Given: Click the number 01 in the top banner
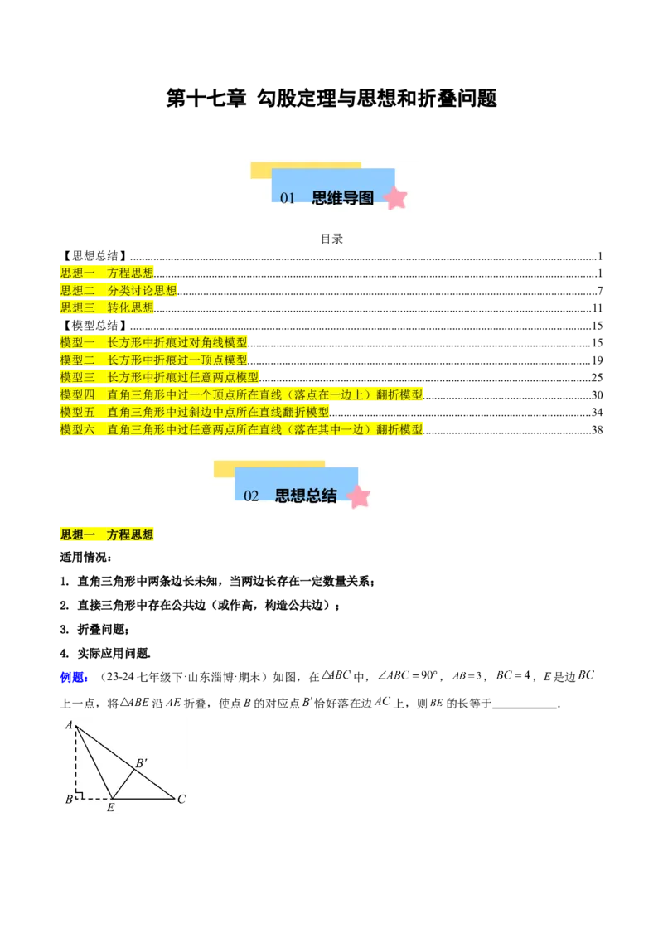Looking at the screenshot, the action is [x=288, y=198].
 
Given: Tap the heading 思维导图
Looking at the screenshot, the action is [x=342, y=198].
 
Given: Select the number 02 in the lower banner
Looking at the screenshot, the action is [x=252, y=496].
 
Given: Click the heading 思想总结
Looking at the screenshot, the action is [x=306, y=496].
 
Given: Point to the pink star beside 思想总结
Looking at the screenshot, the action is [x=358, y=496].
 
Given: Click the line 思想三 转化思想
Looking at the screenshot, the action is [x=108, y=307].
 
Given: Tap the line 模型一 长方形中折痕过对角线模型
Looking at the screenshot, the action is [x=154, y=342].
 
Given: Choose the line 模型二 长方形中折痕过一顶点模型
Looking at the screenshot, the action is [x=154, y=360].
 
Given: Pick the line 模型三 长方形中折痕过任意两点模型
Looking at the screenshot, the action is [x=160, y=377].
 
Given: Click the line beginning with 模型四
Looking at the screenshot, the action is [x=241, y=394].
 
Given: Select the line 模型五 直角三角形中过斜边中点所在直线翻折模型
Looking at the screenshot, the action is [x=195, y=412].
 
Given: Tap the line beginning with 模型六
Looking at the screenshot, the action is [x=241, y=429].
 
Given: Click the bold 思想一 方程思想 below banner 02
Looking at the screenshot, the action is [x=108, y=535].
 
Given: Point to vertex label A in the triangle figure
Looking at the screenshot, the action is [x=69, y=725].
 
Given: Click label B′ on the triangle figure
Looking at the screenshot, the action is [x=142, y=762].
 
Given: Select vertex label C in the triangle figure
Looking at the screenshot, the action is [x=181, y=799].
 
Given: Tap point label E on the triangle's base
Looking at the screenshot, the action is [x=110, y=807].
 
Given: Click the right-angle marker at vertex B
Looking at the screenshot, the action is [x=80, y=795].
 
